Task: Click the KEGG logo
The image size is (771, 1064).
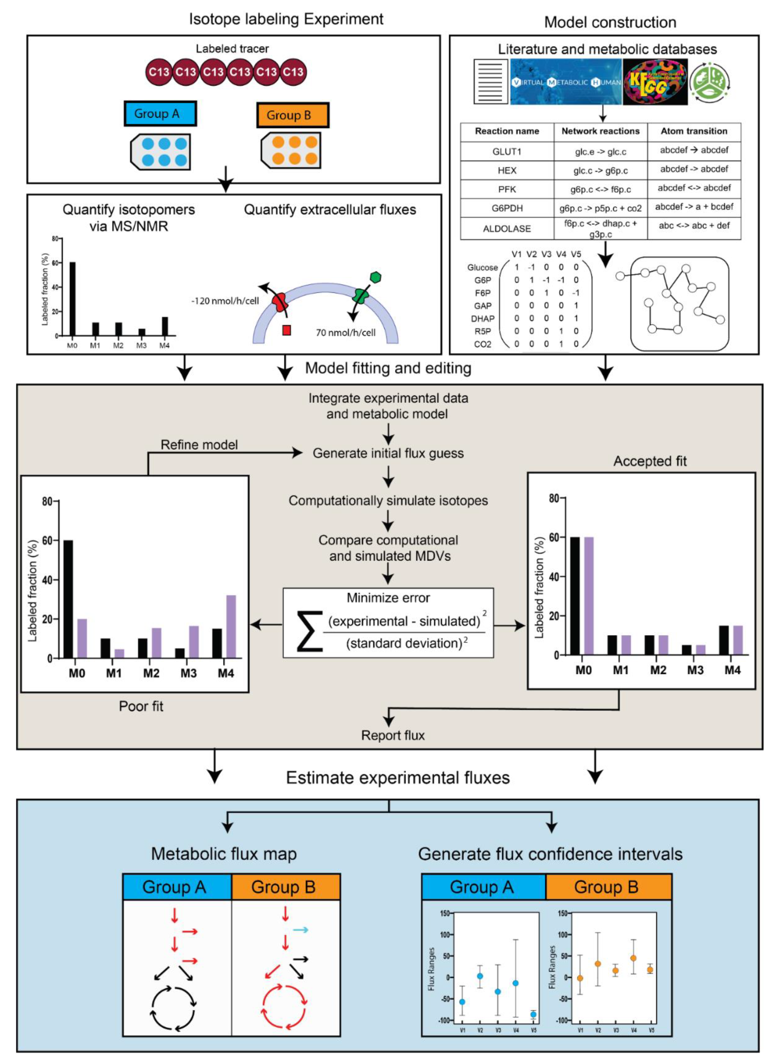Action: coord(655,82)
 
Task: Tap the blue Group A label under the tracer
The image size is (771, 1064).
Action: coord(160,114)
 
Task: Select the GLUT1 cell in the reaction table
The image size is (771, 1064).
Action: coord(507,152)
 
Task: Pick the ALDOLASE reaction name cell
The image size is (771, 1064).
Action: coord(507,229)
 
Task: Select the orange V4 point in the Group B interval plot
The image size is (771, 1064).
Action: coord(634,958)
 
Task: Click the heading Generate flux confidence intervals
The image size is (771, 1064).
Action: coord(550,854)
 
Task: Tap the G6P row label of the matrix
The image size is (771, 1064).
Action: coord(483,280)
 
